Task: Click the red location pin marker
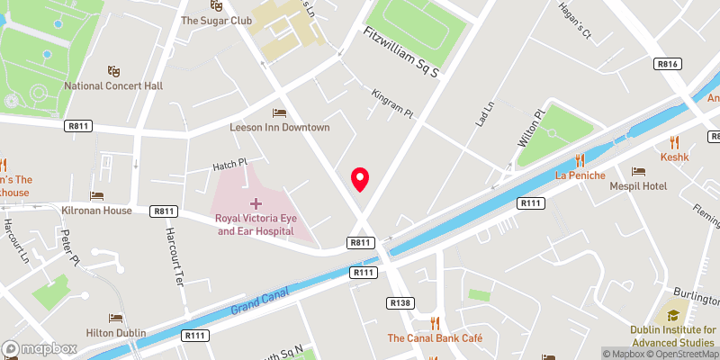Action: point(360,179)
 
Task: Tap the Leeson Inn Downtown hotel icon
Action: point(279,112)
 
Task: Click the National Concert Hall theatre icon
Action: point(113,70)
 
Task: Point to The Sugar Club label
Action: point(214,19)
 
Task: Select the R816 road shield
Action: point(667,64)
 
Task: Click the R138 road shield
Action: point(400,302)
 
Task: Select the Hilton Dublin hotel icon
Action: point(115,318)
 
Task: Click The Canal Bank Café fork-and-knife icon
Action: point(435,323)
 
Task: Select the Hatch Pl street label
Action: point(229,164)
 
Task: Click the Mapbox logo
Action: point(39,348)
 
